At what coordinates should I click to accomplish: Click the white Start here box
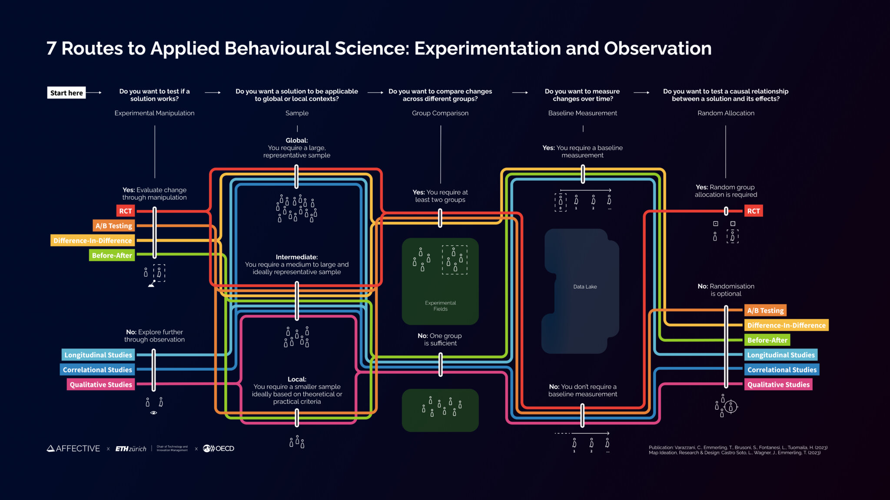pyautogui.click(x=66, y=93)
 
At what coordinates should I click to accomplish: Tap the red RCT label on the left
pyautogui.click(x=125, y=211)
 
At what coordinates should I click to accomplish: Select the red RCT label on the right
pyautogui.click(x=753, y=211)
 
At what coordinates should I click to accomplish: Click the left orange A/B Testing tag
pyautogui.click(x=114, y=226)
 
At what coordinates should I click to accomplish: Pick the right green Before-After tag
pyautogui.click(x=767, y=340)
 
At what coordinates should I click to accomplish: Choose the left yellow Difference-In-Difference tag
pyautogui.click(x=93, y=240)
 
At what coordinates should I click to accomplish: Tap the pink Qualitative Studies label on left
pyautogui.click(x=100, y=385)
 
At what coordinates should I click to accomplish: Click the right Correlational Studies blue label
pyautogui.click(x=781, y=370)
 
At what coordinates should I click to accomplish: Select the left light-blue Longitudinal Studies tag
pyautogui.click(x=98, y=355)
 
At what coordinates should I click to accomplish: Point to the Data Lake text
pyautogui.click(x=585, y=287)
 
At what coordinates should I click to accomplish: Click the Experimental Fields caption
pyautogui.click(x=440, y=306)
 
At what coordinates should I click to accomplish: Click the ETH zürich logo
pyautogui.click(x=131, y=449)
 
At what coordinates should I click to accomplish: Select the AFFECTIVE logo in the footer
pyautogui.click(x=73, y=448)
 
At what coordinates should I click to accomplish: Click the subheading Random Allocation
pyautogui.click(x=726, y=113)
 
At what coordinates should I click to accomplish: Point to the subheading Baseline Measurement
pyautogui.click(x=582, y=113)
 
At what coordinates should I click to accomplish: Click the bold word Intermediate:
pyautogui.click(x=296, y=257)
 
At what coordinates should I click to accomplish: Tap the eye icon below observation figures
pyautogui.click(x=153, y=413)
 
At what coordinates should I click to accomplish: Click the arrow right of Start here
pyautogui.click(x=94, y=92)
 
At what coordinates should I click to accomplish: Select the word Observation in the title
pyautogui.click(x=658, y=49)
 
